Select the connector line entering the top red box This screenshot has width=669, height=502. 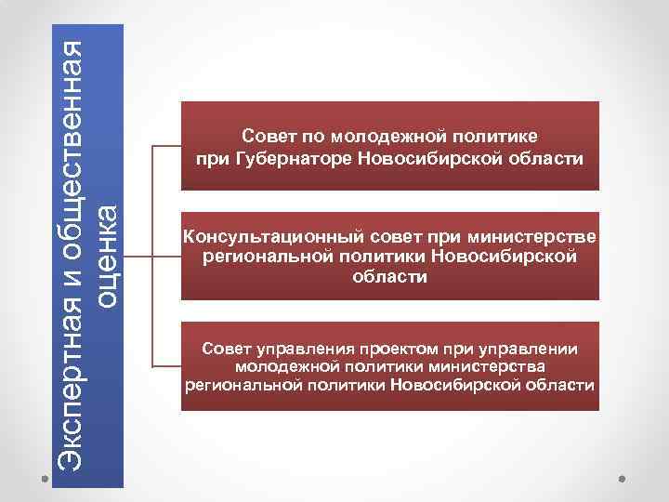coord(166,146)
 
